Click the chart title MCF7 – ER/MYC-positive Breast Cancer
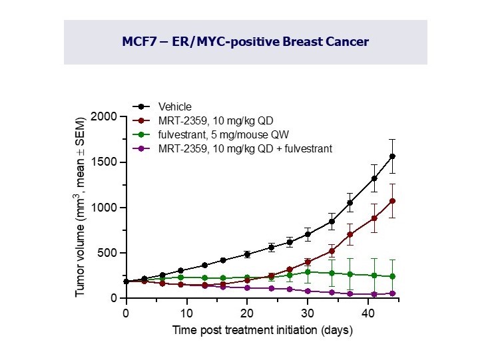(245, 41)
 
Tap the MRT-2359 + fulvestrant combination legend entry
(244, 148)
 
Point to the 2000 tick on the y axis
(106, 117)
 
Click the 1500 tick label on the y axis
(106, 162)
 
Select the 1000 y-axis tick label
(106, 208)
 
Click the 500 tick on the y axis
(109, 253)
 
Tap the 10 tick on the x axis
(186, 313)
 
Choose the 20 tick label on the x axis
(247, 313)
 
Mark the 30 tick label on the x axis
(308, 313)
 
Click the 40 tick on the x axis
(368, 313)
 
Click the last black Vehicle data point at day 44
(392, 156)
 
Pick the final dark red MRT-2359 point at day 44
(392, 201)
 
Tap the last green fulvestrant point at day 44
(392, 276)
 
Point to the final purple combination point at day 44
(392, 293)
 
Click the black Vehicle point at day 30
(308, 234)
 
